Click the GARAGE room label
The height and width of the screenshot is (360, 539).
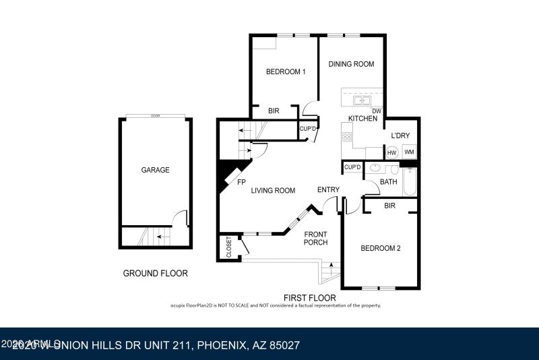(x=155, y=170)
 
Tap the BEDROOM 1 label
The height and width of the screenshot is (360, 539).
(x=286, y=72)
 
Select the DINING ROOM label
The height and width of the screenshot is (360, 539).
(x=351, y=64)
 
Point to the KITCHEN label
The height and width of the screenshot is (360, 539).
(x=362, y=119)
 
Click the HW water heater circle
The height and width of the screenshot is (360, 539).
(x=391, y=152)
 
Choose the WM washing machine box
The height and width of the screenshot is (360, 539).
(x=408, y=152)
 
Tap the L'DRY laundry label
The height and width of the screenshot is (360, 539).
(x=400, y=136)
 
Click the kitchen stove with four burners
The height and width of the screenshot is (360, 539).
(x=348, y=137)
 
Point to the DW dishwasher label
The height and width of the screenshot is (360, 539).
(x=377, y=111)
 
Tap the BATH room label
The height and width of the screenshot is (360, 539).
(x=388, y=181)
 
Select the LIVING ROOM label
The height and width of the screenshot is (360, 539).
(x=273, y=191)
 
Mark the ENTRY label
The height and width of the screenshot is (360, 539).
(x=328, y=190)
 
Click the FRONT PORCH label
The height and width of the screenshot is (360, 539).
(x=315, y=238)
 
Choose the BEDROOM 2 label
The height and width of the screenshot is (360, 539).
(x=381, y=248)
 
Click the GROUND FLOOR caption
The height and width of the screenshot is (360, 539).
(x=155, y=274)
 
